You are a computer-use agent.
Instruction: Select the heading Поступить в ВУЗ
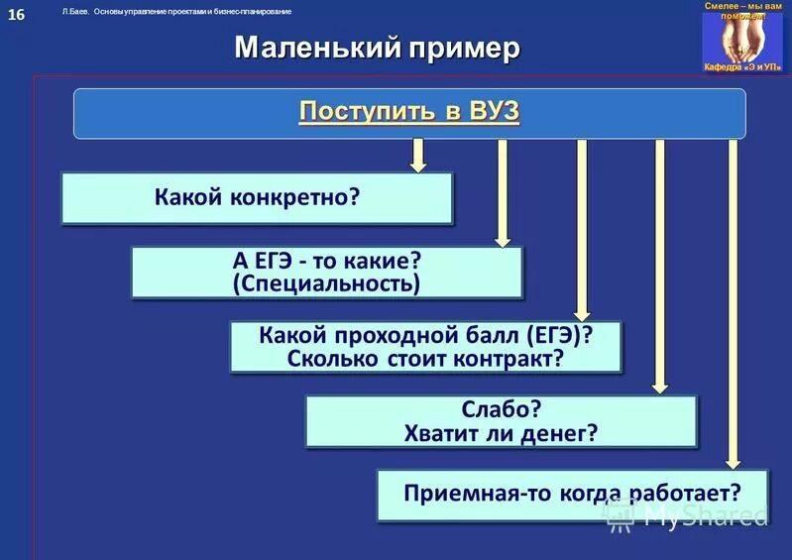[408, 112]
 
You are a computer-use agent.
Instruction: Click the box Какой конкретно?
[257, 197]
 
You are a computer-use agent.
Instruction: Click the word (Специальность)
[326, 284]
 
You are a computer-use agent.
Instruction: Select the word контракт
[511, 358]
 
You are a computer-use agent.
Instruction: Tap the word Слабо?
[501, 407]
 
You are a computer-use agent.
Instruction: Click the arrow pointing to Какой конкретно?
[418, 155]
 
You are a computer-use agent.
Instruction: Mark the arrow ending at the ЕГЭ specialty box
[503, 192]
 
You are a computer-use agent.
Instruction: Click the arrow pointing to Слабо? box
[658, 267]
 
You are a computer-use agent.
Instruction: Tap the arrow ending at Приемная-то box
[733, 303]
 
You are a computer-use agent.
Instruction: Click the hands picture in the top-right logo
[741, 37]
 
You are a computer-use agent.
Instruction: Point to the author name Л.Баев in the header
[75, 11]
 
